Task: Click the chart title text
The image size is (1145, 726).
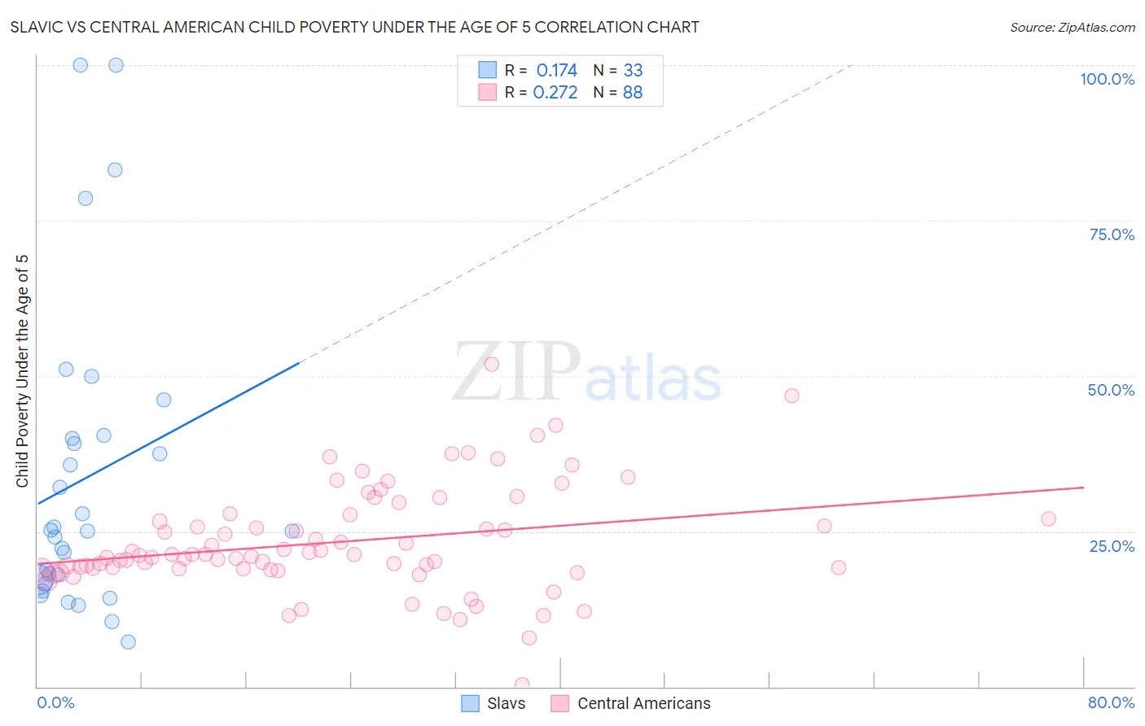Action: pyautogui.click(x=354, y=27)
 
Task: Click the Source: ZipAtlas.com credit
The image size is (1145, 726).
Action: pyautogui.click(x=1072, y=27)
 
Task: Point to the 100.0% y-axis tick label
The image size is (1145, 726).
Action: pyautogui.click(x=1107, y=79)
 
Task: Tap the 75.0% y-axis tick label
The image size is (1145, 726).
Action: pyautogui.click(x=1111, y=234)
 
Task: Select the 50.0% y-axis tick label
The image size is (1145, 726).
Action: pyautogui.click(x=1111, y=390)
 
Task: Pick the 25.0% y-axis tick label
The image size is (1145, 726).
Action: pyautogui.click(x=1112, y=545)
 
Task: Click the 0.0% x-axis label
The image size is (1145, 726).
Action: pyautogui.click(x=55, y=702)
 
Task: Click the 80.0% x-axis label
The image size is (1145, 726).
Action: pyautogui.click(x=1111, y=702)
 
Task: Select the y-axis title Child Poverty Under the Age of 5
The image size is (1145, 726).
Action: pyautogui.click(x=22, y=370)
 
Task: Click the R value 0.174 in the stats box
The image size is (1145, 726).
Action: pyautogui.click(x=556, y=71)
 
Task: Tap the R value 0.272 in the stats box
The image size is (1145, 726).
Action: pyautogui.click(x=555, y=93)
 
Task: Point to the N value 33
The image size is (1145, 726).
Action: pyautogui.click(x=633, y=71)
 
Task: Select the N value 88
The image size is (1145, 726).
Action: pyautogui.click(x=633, y=93)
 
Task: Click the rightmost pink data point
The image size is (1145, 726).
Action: pyautogui.click(x=1048, y=518)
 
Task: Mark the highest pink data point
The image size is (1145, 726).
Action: pyautogui.click(x=491, y=364)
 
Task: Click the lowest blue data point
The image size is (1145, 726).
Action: pyautogui.click(x=128, y=641)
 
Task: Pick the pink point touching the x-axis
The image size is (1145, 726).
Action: pyautogui.click(x=522, y=684)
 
